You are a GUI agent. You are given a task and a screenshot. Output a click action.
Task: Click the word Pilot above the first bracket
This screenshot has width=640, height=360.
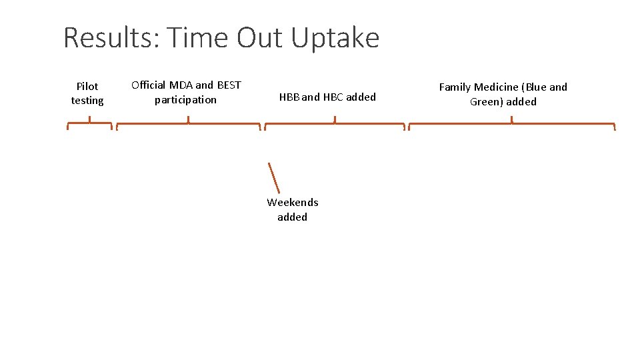click(x=87, y=86)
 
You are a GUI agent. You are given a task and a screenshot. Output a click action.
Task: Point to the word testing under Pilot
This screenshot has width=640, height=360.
click(x=87, y=101)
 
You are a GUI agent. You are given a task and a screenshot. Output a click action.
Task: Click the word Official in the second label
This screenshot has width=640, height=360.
click(x=149, y=85)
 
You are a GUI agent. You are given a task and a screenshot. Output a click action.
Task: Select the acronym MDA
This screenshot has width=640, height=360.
click(x=181, y=85)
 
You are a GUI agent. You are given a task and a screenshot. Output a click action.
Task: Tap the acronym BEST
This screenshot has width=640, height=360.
click(x=229, y=85)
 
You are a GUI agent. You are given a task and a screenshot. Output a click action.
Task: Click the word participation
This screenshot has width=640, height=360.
click(x=185, y=100)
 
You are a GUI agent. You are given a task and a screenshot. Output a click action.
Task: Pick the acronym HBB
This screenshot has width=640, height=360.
click(x=289, y=97)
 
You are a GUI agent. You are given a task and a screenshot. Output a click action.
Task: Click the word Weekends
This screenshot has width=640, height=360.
click(x=293, y=202)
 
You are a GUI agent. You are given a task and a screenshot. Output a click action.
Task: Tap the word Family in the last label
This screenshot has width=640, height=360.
click(x=455, y=87)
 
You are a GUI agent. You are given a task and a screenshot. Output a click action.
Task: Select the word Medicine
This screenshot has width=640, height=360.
click(x=496, y=87)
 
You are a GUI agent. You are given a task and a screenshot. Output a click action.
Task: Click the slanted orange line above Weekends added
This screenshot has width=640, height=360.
click(x=274, y=178)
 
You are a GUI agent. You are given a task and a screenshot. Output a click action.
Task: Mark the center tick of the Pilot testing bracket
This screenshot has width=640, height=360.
click(x=90, y=120)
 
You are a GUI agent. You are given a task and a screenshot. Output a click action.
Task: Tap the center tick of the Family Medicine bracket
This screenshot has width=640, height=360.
click(x=511, y=120)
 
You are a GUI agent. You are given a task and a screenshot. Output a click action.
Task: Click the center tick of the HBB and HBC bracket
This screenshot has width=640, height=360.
click(x=335, y=120)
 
